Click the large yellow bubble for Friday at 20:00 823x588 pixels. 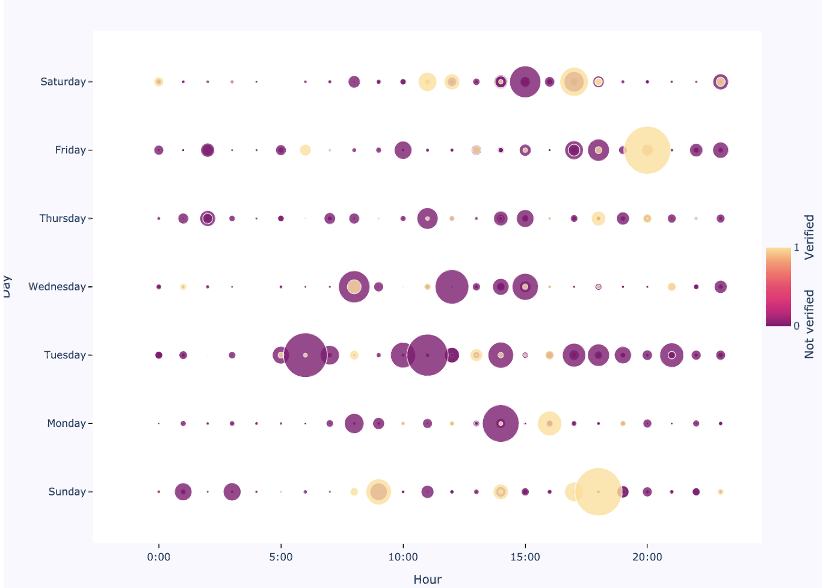tap(647, 150)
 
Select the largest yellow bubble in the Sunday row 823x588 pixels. tap(598, 492)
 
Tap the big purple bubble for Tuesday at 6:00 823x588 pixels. tap(305, 355)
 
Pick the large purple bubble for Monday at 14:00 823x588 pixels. tap(501, 423)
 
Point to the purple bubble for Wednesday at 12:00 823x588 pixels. tap(452, 287)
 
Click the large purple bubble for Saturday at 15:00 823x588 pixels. tap(525, 82)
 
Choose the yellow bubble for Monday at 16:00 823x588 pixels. tap(549, 423)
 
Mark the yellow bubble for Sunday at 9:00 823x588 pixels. tap(378, 492)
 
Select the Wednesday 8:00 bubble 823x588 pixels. tap(354, 287)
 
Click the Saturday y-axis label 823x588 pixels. tap(63, 82)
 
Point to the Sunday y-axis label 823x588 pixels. tap(67, 492)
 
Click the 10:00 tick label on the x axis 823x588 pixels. tap(403, 557)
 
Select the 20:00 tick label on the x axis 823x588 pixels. tap(647, 557)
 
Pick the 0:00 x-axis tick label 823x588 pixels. tap(159, 557)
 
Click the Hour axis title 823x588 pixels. tap(427, 580)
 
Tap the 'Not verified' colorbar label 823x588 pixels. tap(810, 325)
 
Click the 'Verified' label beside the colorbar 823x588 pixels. tap(810, 237)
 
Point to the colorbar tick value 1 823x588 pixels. tap(797, 248)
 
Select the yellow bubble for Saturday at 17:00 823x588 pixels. tap(574, 82)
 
